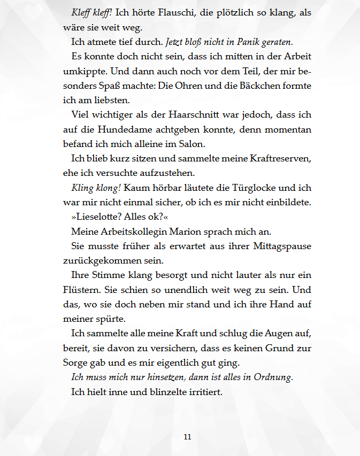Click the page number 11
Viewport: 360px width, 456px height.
[x=187, y=437]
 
